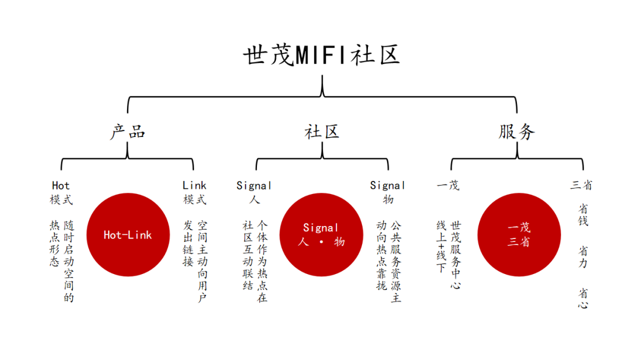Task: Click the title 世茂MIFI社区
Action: pyautogui.click(x=321, y=55)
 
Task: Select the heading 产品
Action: pyautogui.click(x=128, y=131)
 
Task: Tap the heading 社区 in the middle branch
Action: pyautogui.click(x=322, y=131)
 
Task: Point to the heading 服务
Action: pyautogui.click(x=516, y=131)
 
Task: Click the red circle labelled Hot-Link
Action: pyautogui.click(x=128, y=235)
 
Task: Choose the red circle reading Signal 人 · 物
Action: pyautogui.click(x=321, y=235)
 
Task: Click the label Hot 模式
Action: pyautogui.click(x=61, y=193)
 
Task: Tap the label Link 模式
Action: pyautogui.click(x=195, y=193)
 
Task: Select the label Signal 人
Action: pyautogui.click(x=254, y=193)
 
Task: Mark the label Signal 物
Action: pyautogui.click(x=388, y=193)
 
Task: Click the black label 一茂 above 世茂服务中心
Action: pyautogui.click(x=448, y=186)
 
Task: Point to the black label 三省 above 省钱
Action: pyautogui.click(x=581, y=186)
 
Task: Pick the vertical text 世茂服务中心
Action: pyautogui.click(x=456, y=254)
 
